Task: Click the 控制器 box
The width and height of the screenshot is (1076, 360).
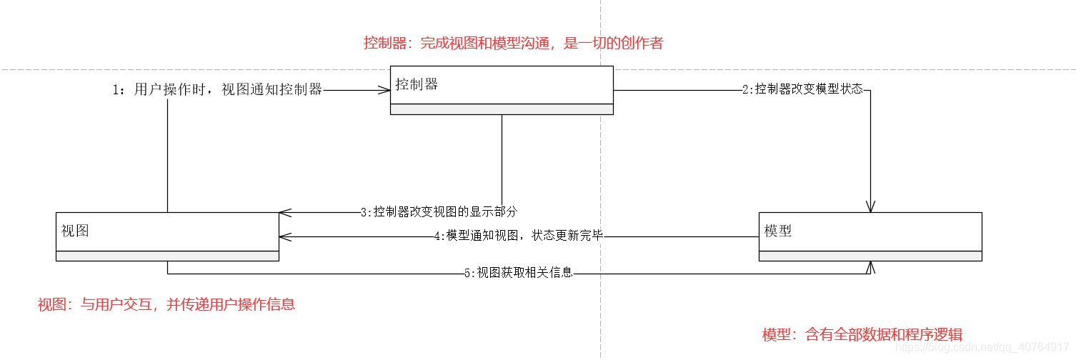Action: [x=502, y=90]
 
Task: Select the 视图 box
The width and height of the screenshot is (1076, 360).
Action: [x=167, y=236]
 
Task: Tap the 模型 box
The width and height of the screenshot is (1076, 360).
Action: [x=870, y=236]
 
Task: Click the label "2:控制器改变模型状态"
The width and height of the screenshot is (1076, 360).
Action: [x=802, y=90]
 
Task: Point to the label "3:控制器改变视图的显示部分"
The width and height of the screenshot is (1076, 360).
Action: [x=439, y=212]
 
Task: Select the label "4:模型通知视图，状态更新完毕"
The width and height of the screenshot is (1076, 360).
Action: [x=519, y=236]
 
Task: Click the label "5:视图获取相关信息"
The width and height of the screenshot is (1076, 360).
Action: [x=518, y=272]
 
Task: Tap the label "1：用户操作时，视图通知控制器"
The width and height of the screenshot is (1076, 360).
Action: [x=217, y=90]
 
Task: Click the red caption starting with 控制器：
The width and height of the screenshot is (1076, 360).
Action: [x=513, y=43]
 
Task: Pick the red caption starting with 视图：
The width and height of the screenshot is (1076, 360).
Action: [x=166, y=304]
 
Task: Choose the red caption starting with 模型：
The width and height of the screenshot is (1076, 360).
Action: [x=862, y=334]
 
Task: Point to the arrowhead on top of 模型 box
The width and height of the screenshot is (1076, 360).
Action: [x=870, y=207]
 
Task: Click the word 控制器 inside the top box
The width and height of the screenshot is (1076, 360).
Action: [x=417, y=84]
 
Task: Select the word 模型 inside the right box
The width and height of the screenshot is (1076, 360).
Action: [x=777, y=231]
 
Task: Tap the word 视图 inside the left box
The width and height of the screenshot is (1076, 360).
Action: [x=75, y=231]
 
